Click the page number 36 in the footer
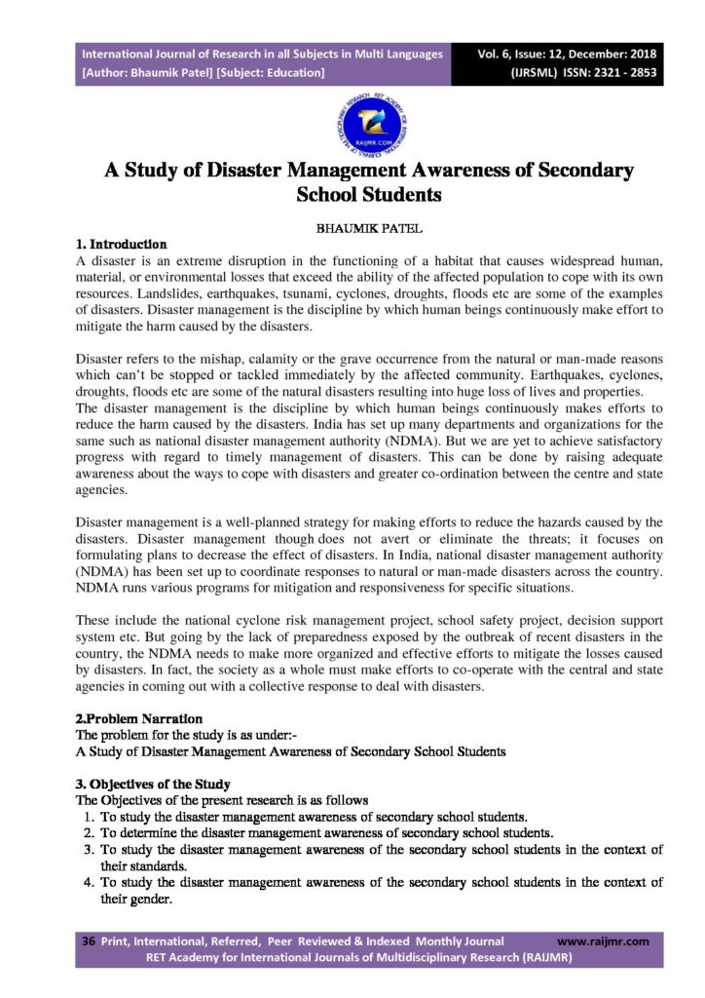coord(88,941)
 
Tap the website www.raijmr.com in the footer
coord(603,941)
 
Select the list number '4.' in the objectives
coord(89,883)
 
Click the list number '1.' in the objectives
coord(89,817)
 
